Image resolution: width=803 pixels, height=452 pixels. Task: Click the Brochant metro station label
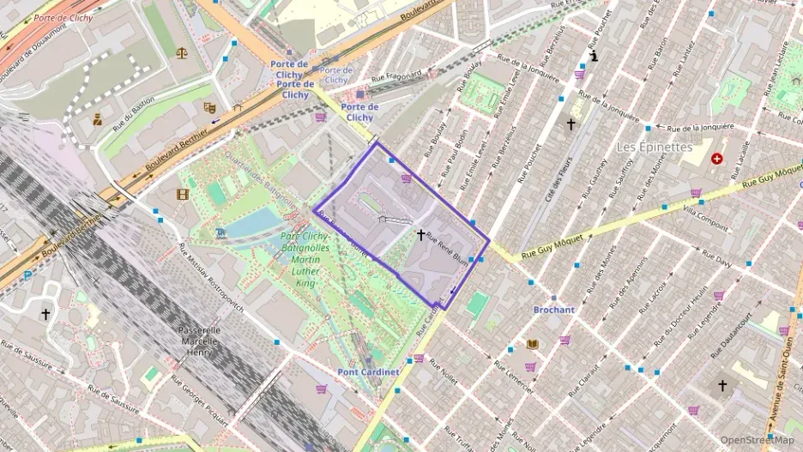(x=553, y=310)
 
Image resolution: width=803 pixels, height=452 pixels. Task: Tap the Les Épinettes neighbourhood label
(x=654, y=147)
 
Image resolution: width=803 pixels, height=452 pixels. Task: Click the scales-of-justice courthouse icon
(x=182, y=52)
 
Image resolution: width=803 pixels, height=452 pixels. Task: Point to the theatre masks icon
(x=208, y=108)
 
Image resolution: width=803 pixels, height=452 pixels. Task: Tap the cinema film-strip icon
(x=182, y=194)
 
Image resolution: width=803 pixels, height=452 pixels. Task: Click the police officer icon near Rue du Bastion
(x=98, y=120)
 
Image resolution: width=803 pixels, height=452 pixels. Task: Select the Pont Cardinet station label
(x=367, y=371)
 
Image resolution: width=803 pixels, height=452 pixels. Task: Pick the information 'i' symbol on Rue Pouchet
(x=595, y=57)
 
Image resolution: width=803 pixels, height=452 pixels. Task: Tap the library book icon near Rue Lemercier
(x=532, y=345)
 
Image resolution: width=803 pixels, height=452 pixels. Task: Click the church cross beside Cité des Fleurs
(x=571, y=124)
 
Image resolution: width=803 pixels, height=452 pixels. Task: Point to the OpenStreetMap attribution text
(x=758, y=440)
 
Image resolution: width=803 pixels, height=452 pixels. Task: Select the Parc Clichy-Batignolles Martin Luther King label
(x=306, y=259)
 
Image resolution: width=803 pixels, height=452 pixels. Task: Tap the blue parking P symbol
(x=28, y=275)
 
